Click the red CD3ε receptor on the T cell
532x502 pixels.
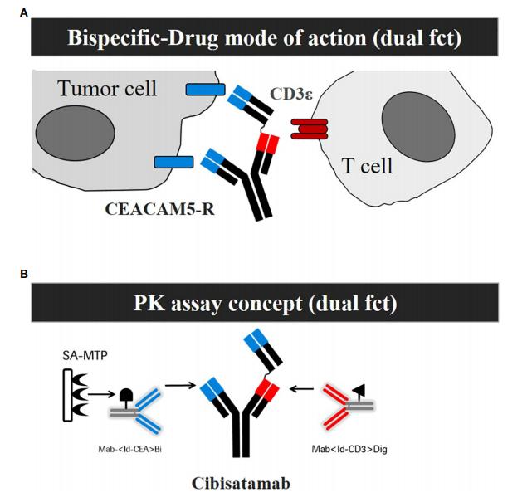pyautogui.click(x=309, y=129)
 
